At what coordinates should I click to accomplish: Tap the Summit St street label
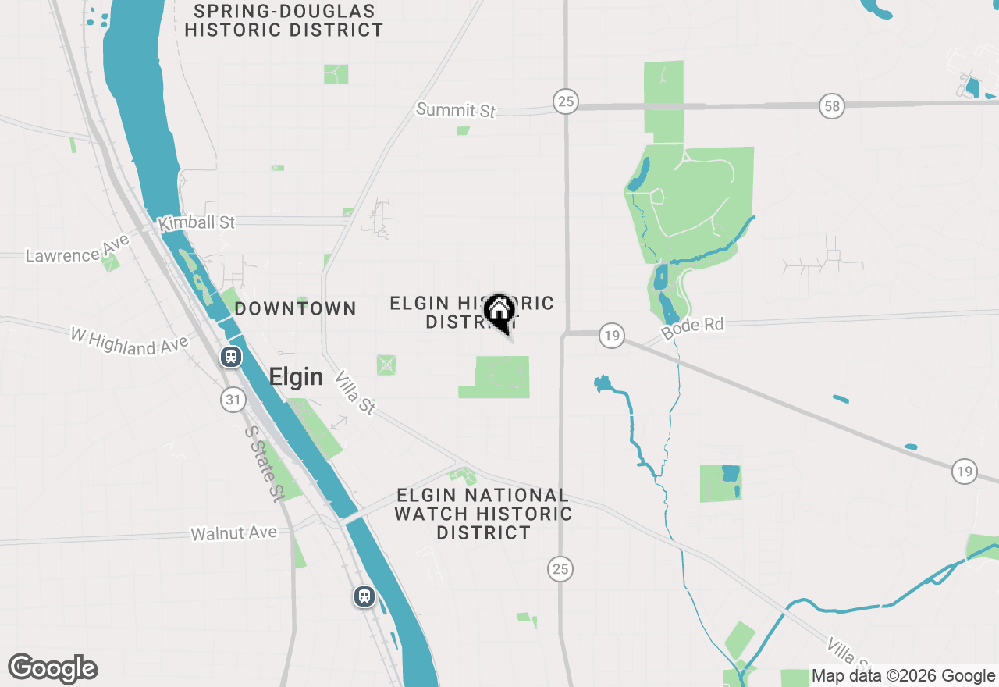(x=456, y=110)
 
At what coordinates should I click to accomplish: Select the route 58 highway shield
(x=833, y=106)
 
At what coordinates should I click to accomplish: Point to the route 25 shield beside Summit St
(x=566, y=101)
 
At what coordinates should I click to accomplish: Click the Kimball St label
(x=196, y=223)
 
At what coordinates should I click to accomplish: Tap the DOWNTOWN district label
(x=296, y=308)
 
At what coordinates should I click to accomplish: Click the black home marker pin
(x=499, y=314)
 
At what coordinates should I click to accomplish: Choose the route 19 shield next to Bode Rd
(x=612, y=336)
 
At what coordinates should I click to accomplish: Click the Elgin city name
(x=296, y=377)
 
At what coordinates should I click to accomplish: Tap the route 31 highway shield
(x=232, y=400)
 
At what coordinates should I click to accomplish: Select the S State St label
(x=264, y=463)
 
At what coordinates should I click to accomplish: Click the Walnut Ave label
(x=233, y=533)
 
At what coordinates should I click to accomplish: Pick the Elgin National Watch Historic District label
(x=483, y=514)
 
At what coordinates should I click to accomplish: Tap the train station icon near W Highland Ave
(x=231, y=357)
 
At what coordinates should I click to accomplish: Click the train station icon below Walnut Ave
(x=364, y=596)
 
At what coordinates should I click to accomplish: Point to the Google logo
(x=52, y=669)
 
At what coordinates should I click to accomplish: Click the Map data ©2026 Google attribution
(x=903, y=676)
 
